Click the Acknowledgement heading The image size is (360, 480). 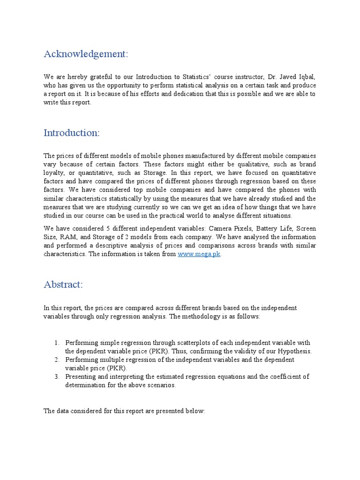click(x=85, y=54)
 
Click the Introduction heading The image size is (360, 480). click(x=71, y=133)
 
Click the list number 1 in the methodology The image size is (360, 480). click(x=56, y=343)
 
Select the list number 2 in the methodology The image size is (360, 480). click(x=56, y=360)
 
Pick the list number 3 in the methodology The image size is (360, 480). click(x=56, y=376)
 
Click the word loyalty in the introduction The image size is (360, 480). click(x=53, y=173)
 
